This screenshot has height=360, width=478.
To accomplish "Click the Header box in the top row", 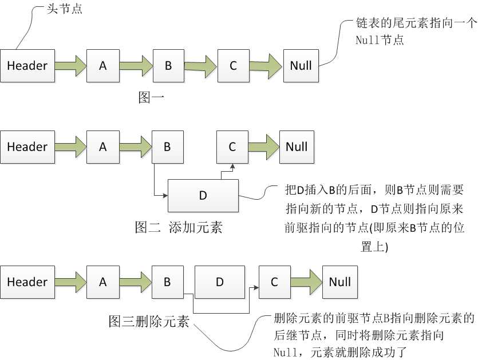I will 27,66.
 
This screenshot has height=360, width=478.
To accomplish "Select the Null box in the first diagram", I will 301,66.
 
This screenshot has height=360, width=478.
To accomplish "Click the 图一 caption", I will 152,97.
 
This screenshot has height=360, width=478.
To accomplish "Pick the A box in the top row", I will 103,66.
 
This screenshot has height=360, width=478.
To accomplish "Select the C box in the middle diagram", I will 232,147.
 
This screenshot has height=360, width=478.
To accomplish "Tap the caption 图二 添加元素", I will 178,228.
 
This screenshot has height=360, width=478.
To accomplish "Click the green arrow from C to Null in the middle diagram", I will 263,147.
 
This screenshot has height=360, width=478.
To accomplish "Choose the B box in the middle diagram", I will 167,147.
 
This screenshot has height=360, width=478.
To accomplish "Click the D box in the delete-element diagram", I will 220,282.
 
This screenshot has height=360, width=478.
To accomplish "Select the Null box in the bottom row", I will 339,282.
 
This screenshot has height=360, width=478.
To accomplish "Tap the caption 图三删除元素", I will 149,321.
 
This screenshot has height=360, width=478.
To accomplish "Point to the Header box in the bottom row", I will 27,282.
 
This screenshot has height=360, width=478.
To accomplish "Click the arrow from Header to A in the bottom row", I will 70,282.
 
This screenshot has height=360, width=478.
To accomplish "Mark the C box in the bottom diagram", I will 274,282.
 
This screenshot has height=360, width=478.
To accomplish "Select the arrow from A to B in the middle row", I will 135,147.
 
